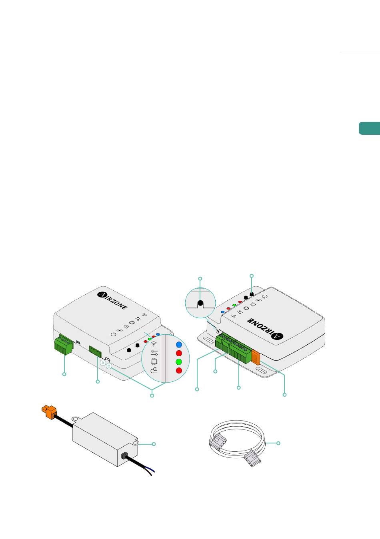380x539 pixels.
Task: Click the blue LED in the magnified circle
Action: coord(179,344)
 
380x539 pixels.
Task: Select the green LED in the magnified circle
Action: coord(179,362)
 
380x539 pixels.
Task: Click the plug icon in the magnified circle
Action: coord(154,371)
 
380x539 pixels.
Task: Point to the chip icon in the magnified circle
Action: coord(154,361)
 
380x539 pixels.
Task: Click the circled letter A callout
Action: coord(103,362)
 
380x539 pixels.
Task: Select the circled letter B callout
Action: coord(108,365)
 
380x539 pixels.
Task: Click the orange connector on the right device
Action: coord(256,357)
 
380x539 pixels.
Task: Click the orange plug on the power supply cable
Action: coord(48,412)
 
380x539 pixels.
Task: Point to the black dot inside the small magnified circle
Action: coord(201,303)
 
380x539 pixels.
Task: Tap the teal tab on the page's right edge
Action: coord(369,128)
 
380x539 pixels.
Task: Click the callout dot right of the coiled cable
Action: coord(279,443)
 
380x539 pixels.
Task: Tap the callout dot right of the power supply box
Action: coord(154,444)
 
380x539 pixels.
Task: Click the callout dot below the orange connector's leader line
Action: coord(284,395)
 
